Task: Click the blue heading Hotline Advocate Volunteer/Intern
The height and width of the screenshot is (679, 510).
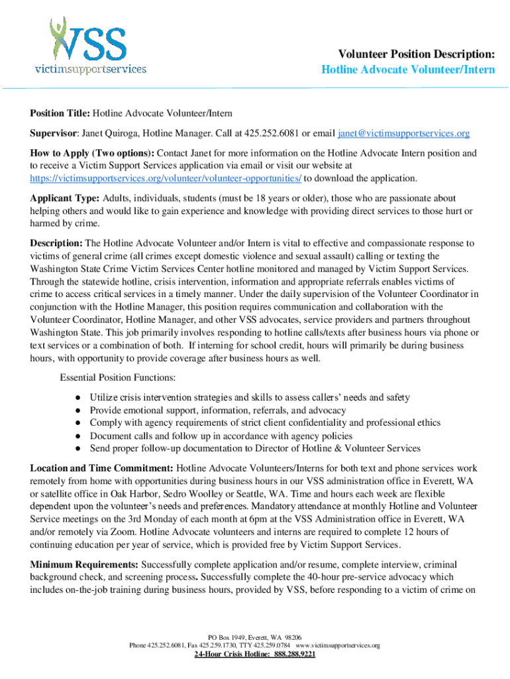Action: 408,70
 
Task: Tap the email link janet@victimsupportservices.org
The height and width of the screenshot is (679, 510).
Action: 403,134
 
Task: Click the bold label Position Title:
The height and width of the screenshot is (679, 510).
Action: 60,114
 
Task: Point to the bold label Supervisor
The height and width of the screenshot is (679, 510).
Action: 54,134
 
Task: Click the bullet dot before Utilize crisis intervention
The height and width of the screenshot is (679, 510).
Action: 77,398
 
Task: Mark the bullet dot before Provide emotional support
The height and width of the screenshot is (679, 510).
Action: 77,410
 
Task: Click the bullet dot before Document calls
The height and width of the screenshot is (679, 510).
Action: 77,436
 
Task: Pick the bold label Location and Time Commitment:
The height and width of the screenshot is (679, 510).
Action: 102,468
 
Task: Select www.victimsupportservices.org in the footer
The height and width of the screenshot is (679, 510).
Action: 338,645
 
